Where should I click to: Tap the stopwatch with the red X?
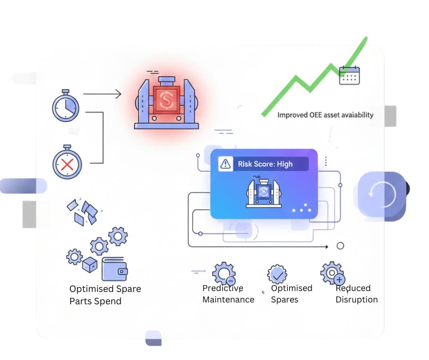tap(67, 163)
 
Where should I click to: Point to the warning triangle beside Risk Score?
tap(225, 164)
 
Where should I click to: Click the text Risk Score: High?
tap(265, 164)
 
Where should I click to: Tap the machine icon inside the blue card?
tap(262, 192)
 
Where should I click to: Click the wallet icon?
tap(115, 269)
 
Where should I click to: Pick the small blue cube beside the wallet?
tap(89, 264)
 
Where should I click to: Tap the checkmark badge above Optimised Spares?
tap(277, 274)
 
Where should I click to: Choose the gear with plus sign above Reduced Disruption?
tap(332, 273)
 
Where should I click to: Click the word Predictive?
tap(223, 288)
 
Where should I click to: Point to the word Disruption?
tap(356, 300)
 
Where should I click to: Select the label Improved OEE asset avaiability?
tap(325, 115)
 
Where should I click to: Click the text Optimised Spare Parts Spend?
tap(105, 295)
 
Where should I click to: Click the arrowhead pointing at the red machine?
tap(118, 94)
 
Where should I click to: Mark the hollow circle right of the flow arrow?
tap(340, 246)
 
